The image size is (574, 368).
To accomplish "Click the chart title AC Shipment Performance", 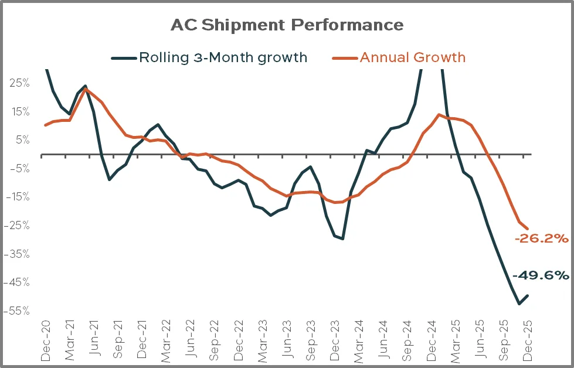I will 287,25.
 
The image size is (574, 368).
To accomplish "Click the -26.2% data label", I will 542,238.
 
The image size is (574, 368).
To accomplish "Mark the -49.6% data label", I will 541,275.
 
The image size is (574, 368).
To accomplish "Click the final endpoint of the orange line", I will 528,229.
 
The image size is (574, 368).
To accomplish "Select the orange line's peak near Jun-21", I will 86,89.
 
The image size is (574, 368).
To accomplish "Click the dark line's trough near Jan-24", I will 342,238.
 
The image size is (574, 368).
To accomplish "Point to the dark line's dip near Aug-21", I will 110,179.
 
